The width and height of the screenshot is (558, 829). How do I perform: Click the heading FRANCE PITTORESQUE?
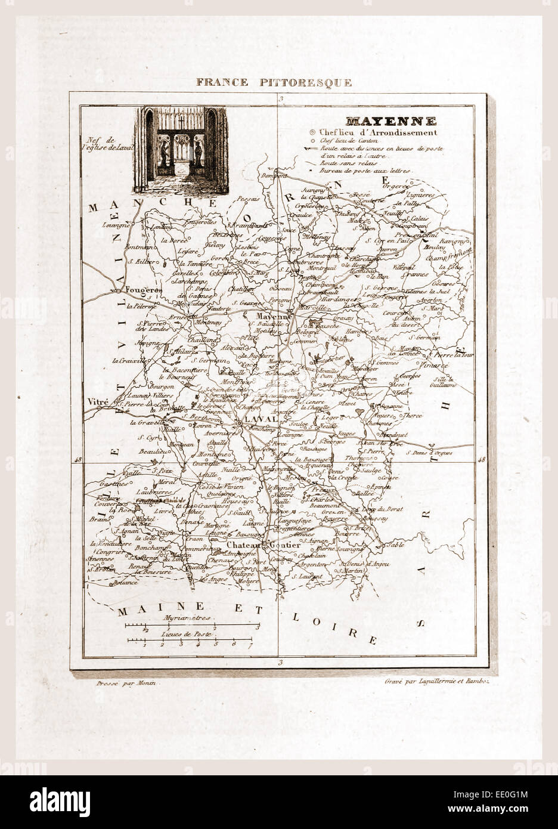[274, 82]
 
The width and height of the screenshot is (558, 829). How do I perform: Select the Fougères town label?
[141, 290]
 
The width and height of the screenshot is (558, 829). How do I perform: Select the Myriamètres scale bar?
[191, 627]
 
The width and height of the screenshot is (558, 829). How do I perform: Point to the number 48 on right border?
[482, 459]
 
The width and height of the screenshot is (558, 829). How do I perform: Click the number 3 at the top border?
[280, 99]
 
